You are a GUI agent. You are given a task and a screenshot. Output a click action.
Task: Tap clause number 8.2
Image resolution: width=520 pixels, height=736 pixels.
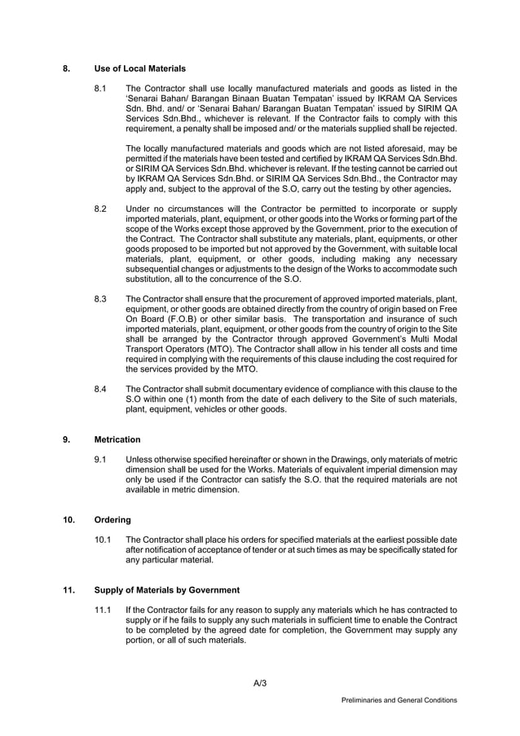click(x=101, y=209)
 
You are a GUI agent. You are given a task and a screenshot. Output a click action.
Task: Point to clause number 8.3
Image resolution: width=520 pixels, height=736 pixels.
click(x=101, y=299)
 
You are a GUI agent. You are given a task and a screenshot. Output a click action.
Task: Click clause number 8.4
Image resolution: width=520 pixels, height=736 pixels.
click(x=101, y=389)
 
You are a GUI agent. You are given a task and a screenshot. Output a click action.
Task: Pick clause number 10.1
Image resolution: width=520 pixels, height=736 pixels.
click(x=104, y=540)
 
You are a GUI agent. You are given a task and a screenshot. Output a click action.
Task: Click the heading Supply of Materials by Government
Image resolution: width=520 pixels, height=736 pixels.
click(x=166, y=589)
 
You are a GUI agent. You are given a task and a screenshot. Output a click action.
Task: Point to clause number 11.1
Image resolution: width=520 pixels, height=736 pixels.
click(x=104, y=610)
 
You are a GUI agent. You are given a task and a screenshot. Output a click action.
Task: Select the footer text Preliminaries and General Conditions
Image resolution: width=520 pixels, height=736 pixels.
click(x=399, y=700)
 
